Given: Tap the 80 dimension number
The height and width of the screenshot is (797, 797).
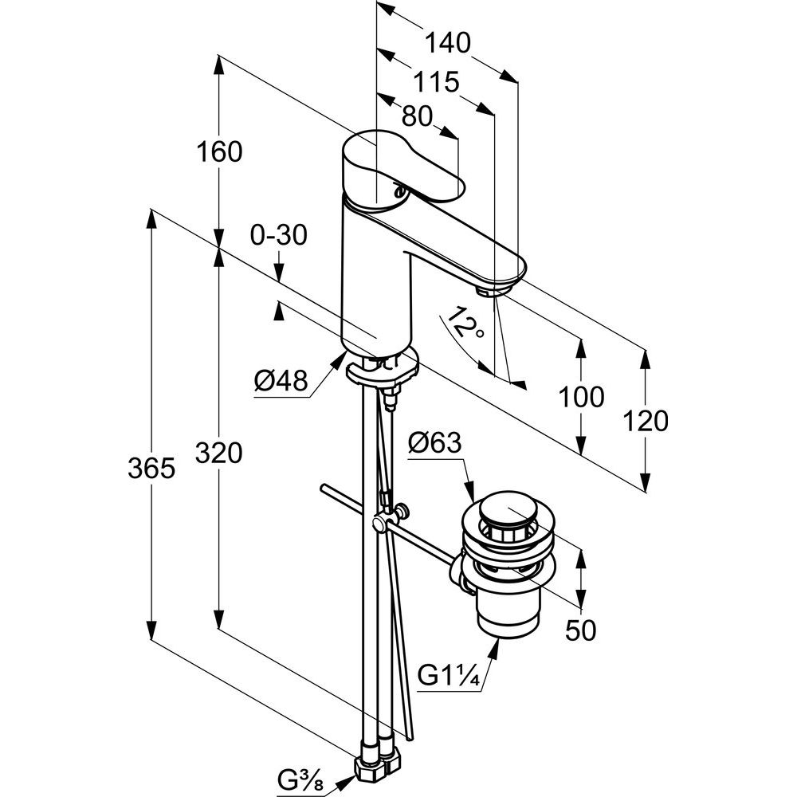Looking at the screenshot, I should (417, 117).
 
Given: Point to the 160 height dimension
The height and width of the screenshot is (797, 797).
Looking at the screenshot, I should (219, 151).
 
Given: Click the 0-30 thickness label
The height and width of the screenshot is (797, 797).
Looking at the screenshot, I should (278, 235).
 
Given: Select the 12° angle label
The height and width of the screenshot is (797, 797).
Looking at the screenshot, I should (464, 327).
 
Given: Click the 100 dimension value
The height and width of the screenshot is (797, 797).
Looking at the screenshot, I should (581, 396).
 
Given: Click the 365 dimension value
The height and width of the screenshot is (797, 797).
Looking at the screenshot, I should (151, 469).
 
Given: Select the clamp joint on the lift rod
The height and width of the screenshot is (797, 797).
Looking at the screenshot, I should (380, 524).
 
